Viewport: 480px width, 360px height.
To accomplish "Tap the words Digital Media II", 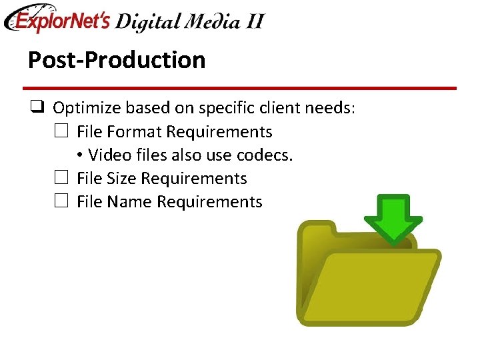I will coord(189,21).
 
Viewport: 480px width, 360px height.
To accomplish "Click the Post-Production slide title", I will coord(117,60).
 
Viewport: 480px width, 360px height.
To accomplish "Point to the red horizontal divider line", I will coord(239,88).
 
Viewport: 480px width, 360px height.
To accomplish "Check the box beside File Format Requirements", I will coord(61,131).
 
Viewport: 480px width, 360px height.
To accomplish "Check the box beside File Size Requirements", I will coord(61,178).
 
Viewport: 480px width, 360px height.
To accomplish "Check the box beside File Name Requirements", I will coord(61,201).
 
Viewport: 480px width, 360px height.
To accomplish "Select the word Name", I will coord(129,201).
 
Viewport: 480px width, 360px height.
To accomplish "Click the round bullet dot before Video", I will coord(79,155).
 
